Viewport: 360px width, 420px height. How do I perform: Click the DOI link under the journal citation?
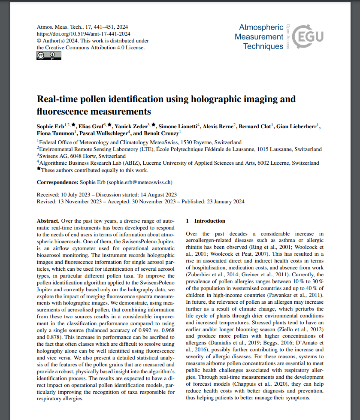(x=83, y=33)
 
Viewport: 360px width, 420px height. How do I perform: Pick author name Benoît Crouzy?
(x=152, y=133)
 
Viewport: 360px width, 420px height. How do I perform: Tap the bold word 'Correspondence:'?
(x=57, y=182)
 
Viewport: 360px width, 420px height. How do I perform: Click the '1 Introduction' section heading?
(x=206, y=221)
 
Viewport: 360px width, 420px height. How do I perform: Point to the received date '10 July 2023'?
(x=76, y=195)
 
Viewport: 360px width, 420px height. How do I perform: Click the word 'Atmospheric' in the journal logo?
(x=261, y=27)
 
